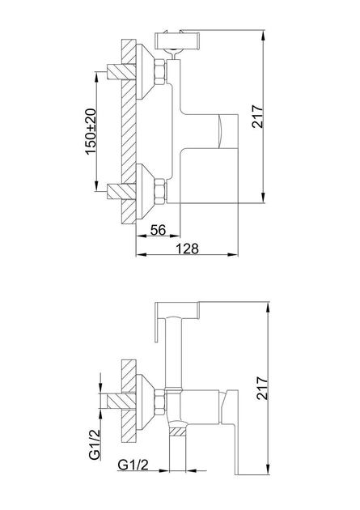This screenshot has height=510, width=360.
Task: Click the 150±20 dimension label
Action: (x=91, y=131)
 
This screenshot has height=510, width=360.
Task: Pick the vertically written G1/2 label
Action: (x=95, y=446)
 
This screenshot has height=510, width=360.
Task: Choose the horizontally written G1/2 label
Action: (x=132, y=465)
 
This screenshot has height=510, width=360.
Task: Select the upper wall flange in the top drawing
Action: (x=144, y=71)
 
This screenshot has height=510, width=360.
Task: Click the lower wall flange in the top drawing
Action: (x=144, y=191)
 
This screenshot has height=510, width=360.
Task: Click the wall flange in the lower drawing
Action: (x=143, y=398)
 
